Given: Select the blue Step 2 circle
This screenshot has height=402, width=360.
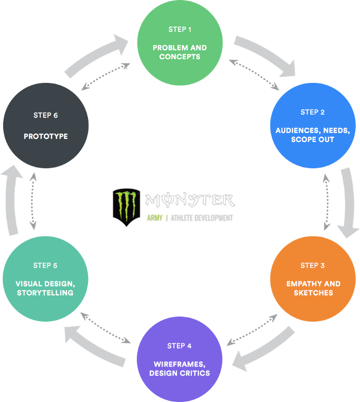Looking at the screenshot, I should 313,126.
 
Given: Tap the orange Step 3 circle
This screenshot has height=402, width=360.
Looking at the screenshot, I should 313,279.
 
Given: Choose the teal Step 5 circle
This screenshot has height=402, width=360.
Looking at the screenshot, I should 45,279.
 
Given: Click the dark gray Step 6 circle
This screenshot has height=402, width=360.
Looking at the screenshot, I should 46,126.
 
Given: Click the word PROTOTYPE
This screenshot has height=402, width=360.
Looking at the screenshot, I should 46,136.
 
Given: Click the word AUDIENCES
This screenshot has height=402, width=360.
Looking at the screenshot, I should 297,130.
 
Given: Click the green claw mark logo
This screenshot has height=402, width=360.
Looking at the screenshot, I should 126,207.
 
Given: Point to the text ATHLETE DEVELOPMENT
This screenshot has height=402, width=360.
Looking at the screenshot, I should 203,218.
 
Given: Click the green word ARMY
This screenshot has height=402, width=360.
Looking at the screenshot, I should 154,218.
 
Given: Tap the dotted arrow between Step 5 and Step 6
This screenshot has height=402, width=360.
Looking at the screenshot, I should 33,201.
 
